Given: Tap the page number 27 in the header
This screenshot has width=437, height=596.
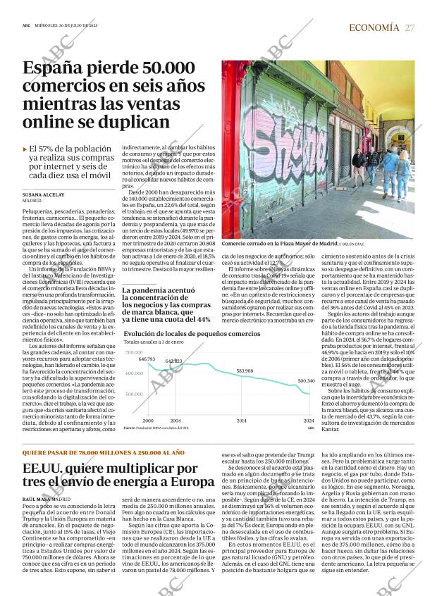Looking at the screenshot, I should [x=410, y=27].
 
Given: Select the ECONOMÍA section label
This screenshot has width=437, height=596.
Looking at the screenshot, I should [x=374, y=27].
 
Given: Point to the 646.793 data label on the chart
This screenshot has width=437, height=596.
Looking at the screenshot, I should [x=147, y=359].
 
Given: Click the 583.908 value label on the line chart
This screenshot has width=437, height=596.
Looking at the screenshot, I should [x=245, y=371].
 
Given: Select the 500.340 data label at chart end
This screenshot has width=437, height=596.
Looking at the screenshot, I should [x=306, y=380].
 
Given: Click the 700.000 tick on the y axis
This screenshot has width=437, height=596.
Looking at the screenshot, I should [x=134, y=352].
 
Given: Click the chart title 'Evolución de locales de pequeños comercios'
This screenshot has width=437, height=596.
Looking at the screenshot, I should [x=191, y=333].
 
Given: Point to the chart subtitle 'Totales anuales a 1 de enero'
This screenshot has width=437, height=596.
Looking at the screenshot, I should [x=153, y=342].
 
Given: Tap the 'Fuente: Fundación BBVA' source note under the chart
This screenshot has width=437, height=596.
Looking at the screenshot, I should [x=156, y=428].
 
